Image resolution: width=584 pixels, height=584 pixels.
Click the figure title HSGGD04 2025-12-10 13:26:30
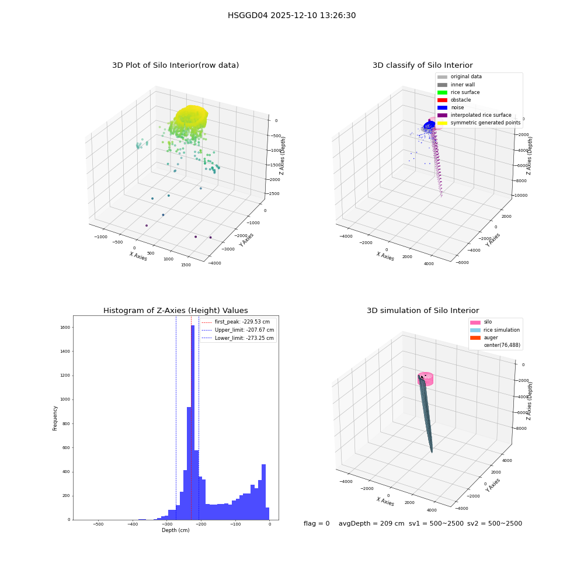(291, 15)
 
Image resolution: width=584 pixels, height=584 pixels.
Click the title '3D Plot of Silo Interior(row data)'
(175, 65)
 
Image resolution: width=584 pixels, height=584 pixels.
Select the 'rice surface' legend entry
(458, 92)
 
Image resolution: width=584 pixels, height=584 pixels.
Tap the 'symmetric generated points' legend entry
(479, 123)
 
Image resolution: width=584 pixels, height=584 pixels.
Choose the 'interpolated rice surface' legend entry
(474, 115)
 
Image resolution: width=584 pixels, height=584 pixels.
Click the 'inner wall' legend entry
(456, 85)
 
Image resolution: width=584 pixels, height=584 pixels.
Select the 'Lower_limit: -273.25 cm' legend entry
(238, 338)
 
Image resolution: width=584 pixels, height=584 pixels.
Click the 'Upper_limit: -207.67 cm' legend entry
(238, 330)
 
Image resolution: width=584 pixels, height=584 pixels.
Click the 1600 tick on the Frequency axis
(65, 328)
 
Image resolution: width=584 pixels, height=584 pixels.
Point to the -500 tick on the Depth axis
(98, 524)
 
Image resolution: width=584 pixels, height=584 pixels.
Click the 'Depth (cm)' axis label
(176, 530)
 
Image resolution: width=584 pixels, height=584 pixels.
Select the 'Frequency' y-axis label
(55, 418)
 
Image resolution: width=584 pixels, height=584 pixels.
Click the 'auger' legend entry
(484, 338)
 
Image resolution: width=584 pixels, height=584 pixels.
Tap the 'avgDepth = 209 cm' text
(371, 523)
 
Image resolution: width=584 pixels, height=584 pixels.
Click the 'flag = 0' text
(317, 523)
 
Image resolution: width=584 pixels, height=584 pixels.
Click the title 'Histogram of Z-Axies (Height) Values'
(175, 311)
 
